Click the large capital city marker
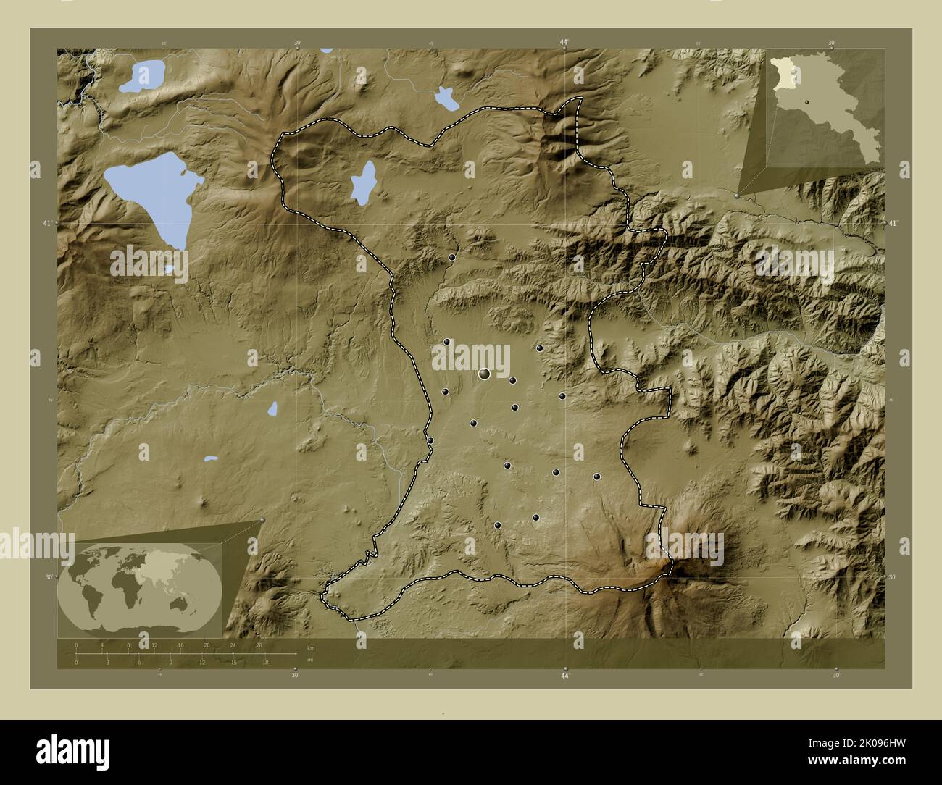point(484,374)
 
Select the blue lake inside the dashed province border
point(362,182)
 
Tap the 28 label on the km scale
point(259,645)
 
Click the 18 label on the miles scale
point(266,662)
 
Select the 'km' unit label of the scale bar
point(311,648)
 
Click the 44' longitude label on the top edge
point(564,43)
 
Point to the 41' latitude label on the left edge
point(47,224)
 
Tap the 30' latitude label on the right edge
point(893,577)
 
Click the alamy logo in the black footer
point(72,751)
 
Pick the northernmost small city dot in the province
point(451,258)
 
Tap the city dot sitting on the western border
point(430,440)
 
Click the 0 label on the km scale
point(76,645)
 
